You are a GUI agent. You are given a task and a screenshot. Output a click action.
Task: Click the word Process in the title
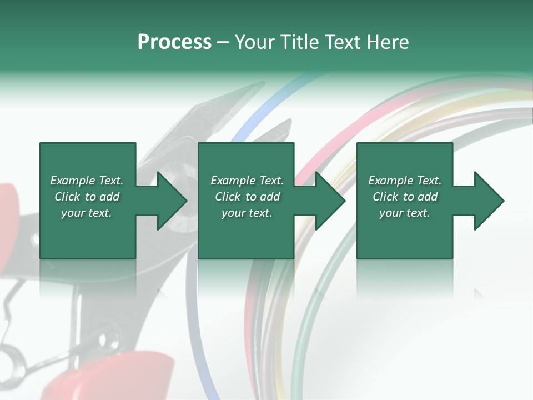[x=174, y=42]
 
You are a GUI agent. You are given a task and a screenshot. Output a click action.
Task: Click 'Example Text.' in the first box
[x=87, y=181]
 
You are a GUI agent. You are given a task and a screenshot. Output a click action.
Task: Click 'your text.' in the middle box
[x=247, y=213]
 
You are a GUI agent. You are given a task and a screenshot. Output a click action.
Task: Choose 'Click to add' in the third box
[x=405, y=197]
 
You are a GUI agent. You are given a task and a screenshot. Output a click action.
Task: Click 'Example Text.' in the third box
[x=405, y=181]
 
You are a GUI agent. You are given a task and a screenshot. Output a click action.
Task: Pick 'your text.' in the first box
[x=87, y=213]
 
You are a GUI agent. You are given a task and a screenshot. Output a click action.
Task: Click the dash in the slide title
[x=223, y=42]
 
